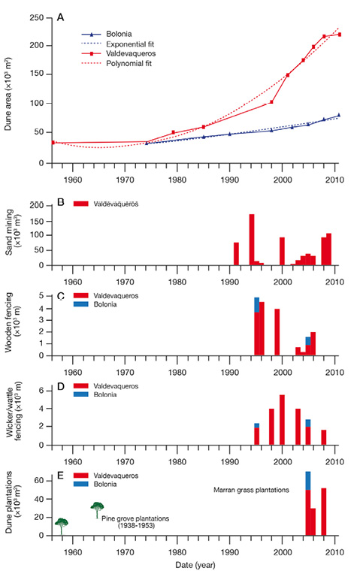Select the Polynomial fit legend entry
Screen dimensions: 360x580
point(116,63)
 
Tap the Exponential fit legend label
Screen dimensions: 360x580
point(130,44)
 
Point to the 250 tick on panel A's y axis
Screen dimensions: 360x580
point(37,18)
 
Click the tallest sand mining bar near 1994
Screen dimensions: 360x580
point(252,240)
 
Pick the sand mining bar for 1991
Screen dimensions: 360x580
point(236,254)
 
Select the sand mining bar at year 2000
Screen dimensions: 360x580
point(282,251)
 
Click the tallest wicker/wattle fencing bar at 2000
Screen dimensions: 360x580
point(282,420)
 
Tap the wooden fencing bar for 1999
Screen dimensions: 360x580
point(277,332)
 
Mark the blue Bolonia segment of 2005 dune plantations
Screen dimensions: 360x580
point(308,481)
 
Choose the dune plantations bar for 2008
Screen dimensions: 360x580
point(324,512)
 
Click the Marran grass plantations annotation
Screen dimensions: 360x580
point(251,490)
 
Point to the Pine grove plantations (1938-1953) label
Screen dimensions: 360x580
point(135,522)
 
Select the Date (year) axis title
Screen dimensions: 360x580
point(195,565)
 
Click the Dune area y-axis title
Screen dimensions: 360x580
point(8,94)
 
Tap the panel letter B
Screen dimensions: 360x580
point(61,202)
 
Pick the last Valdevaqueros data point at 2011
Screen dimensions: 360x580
point(339,35)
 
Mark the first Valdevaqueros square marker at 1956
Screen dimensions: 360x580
point(53,142)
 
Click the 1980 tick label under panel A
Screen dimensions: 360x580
point(177,180)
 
